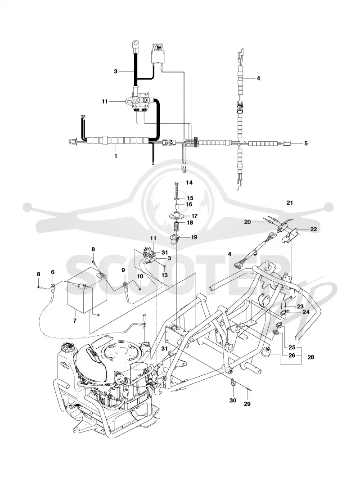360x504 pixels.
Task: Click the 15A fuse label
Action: click(x=158, y=48)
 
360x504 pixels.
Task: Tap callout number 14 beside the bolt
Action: click(x=189, y=183)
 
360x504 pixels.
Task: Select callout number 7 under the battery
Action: click(x=75, y=320)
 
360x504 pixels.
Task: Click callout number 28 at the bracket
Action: click(x=311, y=357)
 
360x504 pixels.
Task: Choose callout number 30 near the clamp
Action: click(x=233, y=400)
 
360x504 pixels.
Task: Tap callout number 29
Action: click(x=247, y=404)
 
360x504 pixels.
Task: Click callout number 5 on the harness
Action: click(x=306, y=144)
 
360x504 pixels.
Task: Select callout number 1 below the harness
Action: click(x=116, y=156)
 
